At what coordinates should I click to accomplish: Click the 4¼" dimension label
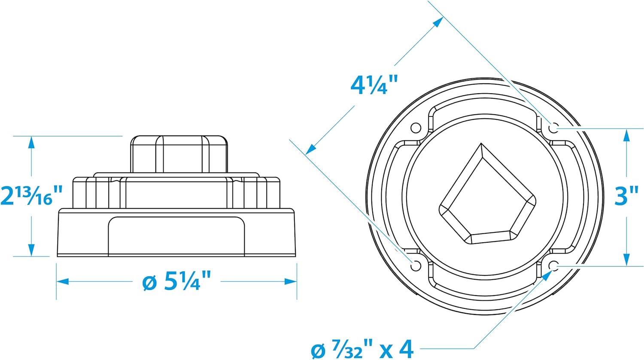pyautogui.click(x=374, y=85)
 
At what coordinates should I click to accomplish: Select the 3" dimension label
pyautogui.click(x=623, y=196)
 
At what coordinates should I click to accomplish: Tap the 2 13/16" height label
pyautogui.click(x=31, y=196)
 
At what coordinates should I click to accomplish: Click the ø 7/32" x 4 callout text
pyautogui.click(x=362, y=349)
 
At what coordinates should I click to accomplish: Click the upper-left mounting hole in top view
pyautogui.click(x=416, y=128)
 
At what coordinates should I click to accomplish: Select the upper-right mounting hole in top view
pyautogui.click(x=553, y=128)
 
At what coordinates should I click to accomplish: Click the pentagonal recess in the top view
pyautogui.click(x=487, y=199)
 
